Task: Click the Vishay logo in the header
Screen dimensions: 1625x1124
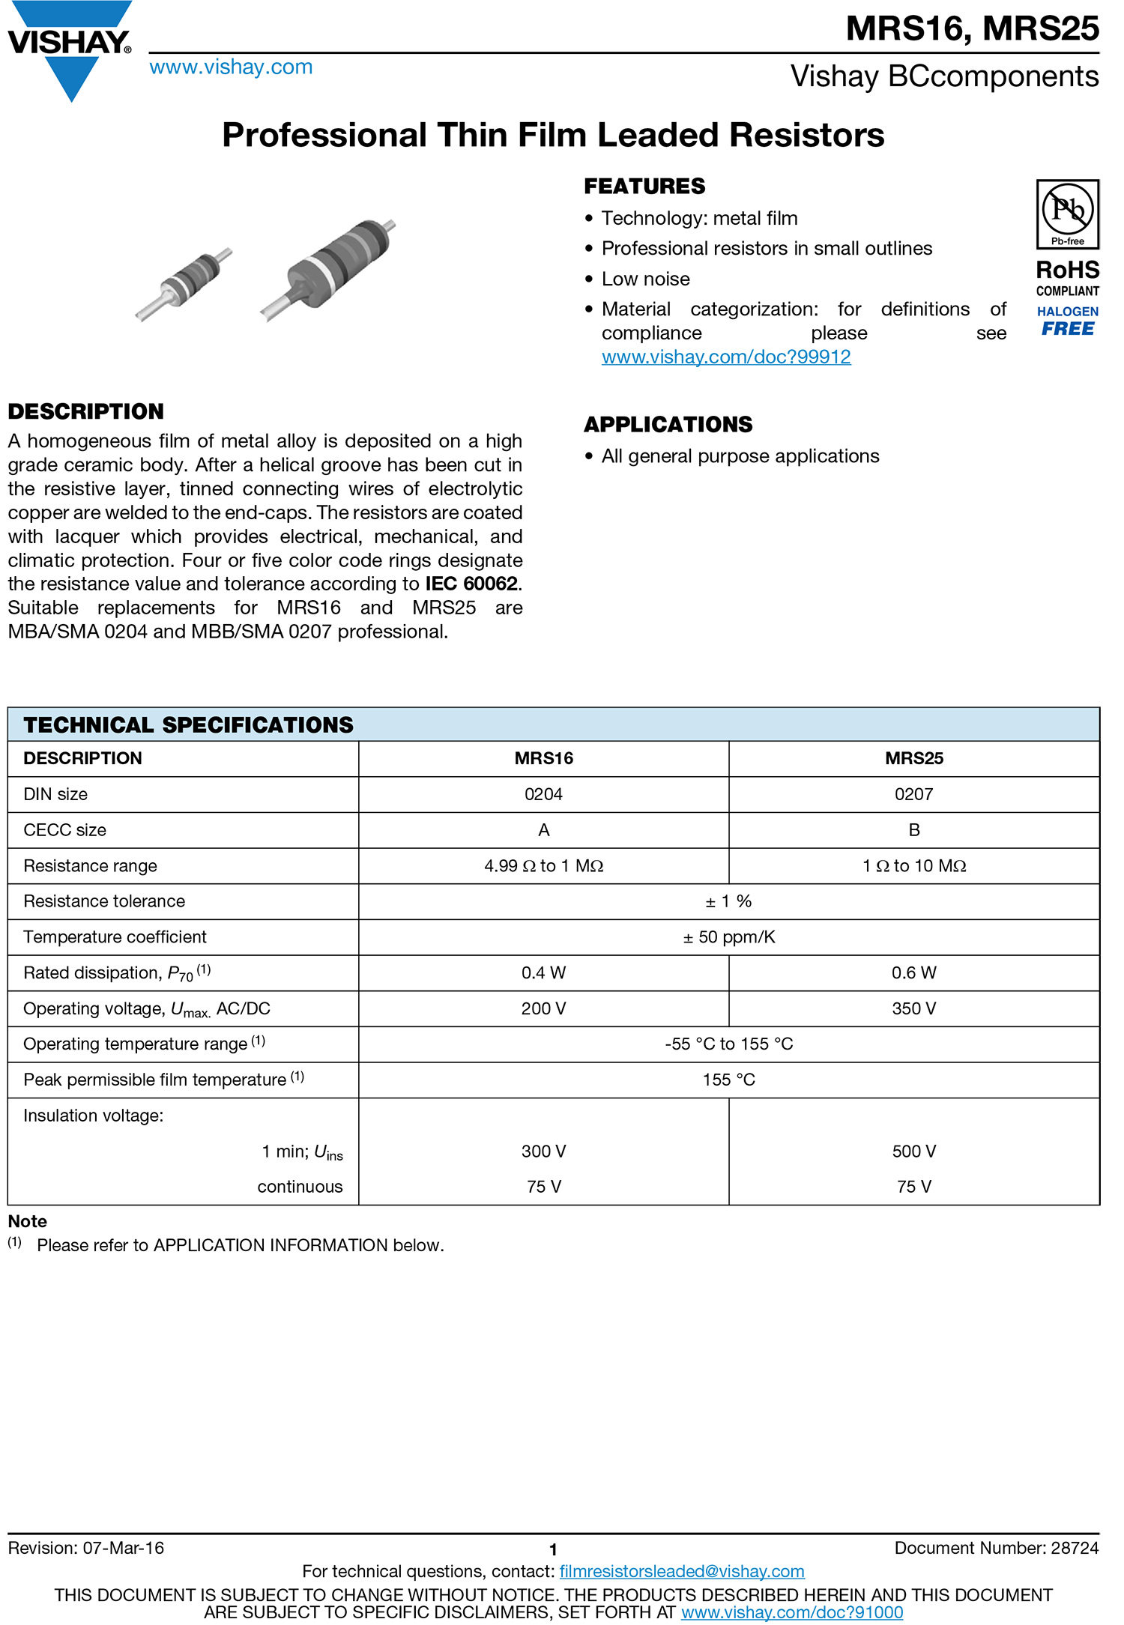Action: pyautogui.click(x=70, y=49)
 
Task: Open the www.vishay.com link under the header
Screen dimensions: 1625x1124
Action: pyautogui.click(x=231, y=67)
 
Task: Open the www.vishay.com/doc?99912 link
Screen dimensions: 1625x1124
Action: pyautogui.click(x=725, y=357)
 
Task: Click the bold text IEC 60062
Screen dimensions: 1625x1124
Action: pyautogui.click(x=471, y=584)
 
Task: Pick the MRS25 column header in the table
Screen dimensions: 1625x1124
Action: pyautogui.click(x=913, y=758)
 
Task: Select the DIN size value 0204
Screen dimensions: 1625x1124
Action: pyautogui.click(x=543, y=794)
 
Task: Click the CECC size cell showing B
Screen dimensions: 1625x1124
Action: pyautogui.click(x=913, y=830)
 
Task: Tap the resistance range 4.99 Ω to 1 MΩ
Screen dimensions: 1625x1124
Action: pyautogui.click(x=543, y=866)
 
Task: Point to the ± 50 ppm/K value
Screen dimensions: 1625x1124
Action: pyautogui.click(x=728, y=937)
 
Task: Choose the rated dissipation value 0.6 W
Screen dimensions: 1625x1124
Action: pyautogui.click(x=913, y=973)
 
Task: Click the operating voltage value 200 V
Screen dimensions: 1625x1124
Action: pyautogui.click(x=543, y=1008)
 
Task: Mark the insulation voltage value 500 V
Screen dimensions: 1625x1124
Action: pyautogui.click(x=913, y=1152)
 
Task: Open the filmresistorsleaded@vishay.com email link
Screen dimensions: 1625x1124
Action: pyautogui.click(x=681, y=1571)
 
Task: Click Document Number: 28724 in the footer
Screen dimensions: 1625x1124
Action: pyautogui.click(x=996, y=1549)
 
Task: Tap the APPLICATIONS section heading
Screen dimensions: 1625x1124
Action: pyautogui.click(x=668, y=425)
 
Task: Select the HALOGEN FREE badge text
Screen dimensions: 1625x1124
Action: pyautogui.click(x=1067, y=321)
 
